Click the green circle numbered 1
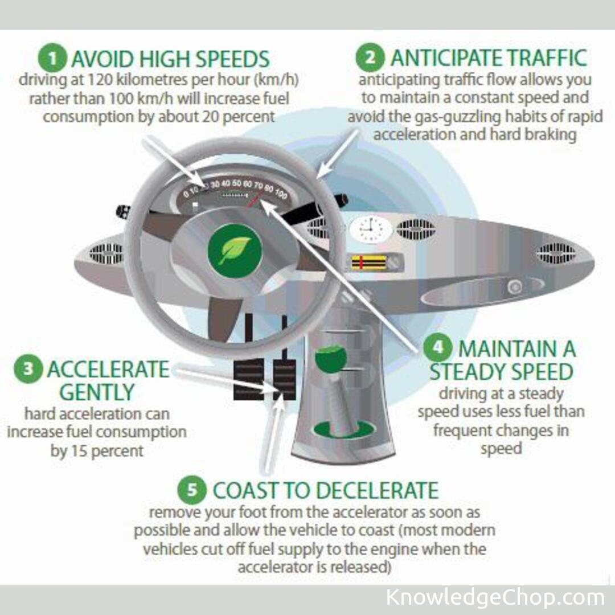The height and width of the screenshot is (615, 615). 52,58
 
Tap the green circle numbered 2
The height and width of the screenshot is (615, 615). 370,58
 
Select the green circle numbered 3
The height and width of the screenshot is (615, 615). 28,368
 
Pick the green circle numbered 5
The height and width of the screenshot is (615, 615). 192,490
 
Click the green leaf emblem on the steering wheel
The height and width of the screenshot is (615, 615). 235,251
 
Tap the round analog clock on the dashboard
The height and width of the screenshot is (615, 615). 370,229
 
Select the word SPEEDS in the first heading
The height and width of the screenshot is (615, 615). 232,59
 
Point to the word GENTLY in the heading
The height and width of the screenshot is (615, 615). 97,392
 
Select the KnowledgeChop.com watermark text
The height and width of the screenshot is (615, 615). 495,597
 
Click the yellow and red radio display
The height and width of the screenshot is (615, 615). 368,263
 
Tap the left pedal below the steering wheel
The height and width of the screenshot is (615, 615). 249,379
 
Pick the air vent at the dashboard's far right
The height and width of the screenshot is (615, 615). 556,253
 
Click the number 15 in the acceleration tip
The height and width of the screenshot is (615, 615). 79,450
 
